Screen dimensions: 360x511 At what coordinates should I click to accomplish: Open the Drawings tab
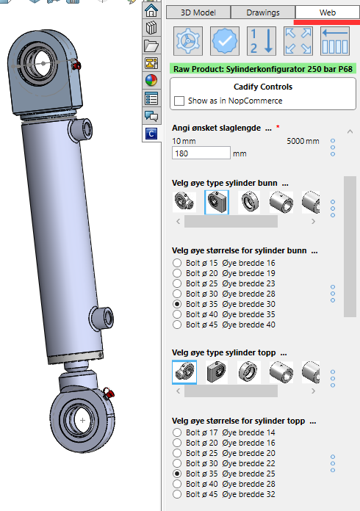click(x=263, y=12)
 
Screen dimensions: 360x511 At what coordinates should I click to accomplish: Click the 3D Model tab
click(x=198, y=12)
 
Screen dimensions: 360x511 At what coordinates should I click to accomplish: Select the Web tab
click(x=328, y=12)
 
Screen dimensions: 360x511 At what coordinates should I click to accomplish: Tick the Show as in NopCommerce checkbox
click(x=179, y=101)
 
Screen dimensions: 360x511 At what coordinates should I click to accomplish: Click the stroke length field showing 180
click(x=201, y=153)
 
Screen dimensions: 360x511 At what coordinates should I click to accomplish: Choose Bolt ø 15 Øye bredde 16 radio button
click(x=177, y=263)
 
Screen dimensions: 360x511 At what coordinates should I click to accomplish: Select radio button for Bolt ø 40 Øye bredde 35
click(x=177, y=314)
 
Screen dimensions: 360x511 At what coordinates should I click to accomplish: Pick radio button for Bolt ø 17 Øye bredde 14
click(x=177, y=432)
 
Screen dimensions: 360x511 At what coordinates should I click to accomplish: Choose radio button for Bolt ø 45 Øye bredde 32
click(x=177, y=494)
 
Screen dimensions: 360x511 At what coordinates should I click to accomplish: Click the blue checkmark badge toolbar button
click(x=225, y=41)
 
